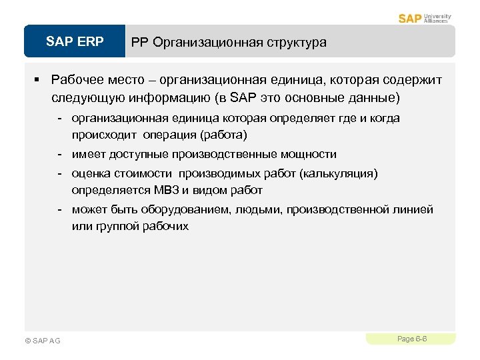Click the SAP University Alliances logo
pos(425,18)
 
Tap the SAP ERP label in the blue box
pos(75,42)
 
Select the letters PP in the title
pos(139,43)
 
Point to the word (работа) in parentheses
pos(223,135)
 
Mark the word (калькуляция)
pos(339,173)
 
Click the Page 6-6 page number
pos(411,339)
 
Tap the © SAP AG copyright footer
pos(42,341)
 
